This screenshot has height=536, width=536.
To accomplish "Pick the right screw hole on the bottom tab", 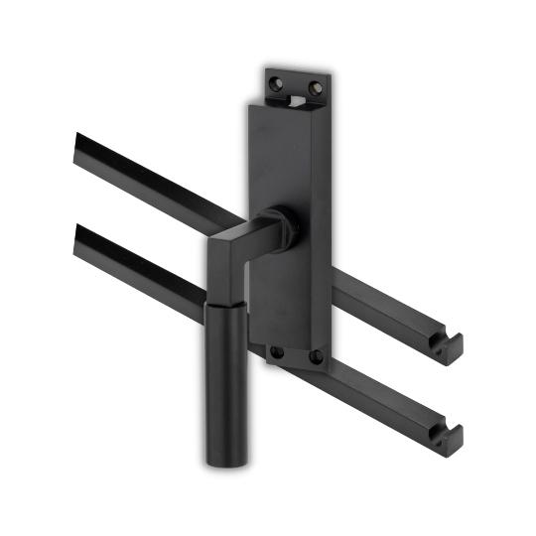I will click(316, 354).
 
